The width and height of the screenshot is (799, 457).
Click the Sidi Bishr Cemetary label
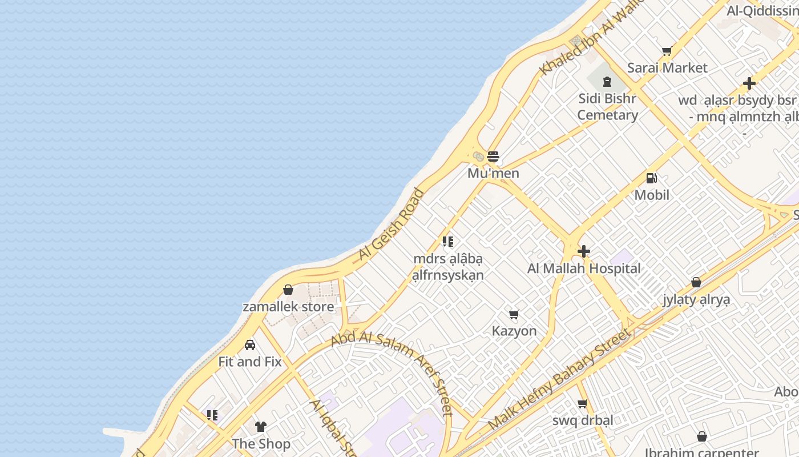pyautogui.click(x=607, y=107)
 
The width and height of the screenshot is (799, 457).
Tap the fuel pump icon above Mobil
pyautogui.click(x=651, y=178)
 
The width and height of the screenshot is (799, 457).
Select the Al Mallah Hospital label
pyautogui.click(x=584, y=268)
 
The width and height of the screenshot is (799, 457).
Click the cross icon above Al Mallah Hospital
pyautogui.click(x=584, y=251)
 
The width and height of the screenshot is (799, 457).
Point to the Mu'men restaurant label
pyautogui.click(x=493, y=173)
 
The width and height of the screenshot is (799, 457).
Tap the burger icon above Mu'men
pyautogui.click(x=493, y=157)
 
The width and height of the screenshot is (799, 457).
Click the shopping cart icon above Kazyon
pyautogui.click(x=514, y=314)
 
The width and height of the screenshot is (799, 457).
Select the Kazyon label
pyautogui.click(x=514, y=331)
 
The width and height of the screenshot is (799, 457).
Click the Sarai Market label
pyautogui.click(x=667, y=67)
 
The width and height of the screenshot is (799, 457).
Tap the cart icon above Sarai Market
pyautogui.click(x=667, y=51)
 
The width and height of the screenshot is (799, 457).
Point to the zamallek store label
pyautogui.click(x=288, y=307)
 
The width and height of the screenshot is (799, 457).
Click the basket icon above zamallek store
pyautogui.click(x=288, y=290)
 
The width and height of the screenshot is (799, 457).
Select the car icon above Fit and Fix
pyautogui.click(x=250, y=345)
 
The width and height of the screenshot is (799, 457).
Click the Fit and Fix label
pyautogui.click(x=250, y=362)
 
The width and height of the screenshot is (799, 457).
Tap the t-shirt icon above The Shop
pyautogui.click(x=261, y=427)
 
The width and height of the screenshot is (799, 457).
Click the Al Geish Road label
pyautogui.click(x=392, y=225)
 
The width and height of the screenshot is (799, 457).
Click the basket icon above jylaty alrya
pyautogui.click(x=696, y=282)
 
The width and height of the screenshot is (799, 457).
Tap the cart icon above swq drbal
pyautogui.click(x=582, y=404)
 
